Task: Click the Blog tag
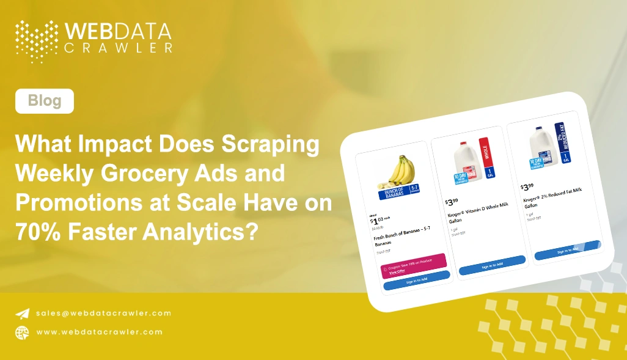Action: click(45, 101)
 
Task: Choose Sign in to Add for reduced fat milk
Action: click(567, 249)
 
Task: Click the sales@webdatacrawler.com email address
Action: click(103, 313)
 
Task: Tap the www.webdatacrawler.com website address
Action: click(100, 332)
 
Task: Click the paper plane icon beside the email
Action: click(22, 313)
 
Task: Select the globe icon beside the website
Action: click(22, 332)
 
